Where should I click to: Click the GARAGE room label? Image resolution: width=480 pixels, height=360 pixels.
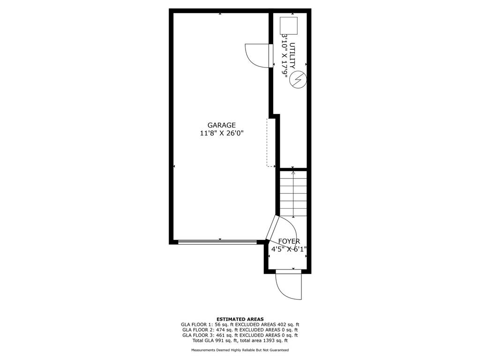(222, 125)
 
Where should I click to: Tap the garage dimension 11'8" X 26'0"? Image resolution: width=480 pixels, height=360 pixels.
(222, 134)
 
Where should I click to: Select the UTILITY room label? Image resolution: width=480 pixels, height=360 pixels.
(292, 55)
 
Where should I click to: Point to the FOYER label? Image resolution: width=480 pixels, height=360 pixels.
(289, 241)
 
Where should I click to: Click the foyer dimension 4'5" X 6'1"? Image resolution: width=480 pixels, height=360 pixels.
(289, 249)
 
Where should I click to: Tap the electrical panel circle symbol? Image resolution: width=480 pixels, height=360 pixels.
(298, 80)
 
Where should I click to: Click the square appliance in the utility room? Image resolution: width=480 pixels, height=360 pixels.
(289, 25)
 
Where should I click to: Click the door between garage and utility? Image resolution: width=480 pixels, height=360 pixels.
(259, 55)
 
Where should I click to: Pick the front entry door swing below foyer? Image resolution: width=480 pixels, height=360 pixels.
(288, 286)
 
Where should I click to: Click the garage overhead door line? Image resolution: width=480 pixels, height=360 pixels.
(217, 242)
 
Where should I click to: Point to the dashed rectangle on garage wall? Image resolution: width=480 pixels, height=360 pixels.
(271, 142)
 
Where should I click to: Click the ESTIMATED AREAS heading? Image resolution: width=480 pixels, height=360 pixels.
(240, 319)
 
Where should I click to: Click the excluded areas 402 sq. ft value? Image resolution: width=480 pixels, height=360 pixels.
(288, 324)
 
